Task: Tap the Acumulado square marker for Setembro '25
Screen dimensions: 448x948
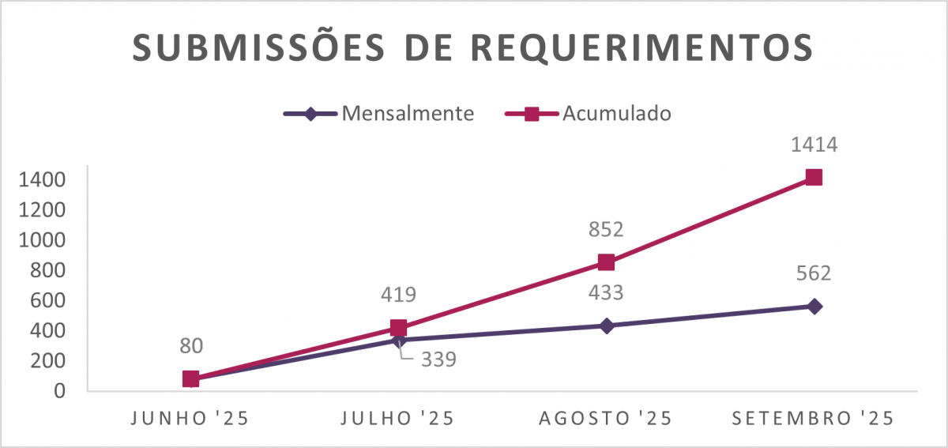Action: pos(814,178)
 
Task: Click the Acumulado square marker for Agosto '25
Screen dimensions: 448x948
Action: pos(606,262)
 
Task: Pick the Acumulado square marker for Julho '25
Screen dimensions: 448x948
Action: pos(399,328)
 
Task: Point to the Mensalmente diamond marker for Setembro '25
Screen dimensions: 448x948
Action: pos(814,307)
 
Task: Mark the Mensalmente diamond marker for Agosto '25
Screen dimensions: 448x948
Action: pos(606,326)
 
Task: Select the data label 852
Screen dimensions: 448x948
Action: pos(606,229)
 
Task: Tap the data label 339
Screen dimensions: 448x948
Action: pos(438,360)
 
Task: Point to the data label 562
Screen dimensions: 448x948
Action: pos(814,273)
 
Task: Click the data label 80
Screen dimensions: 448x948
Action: pos(191,345)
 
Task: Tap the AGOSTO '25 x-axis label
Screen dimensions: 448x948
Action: pos(606,419)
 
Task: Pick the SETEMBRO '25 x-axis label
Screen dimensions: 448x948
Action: pos(814,419)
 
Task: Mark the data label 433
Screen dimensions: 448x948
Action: pos(606,293)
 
